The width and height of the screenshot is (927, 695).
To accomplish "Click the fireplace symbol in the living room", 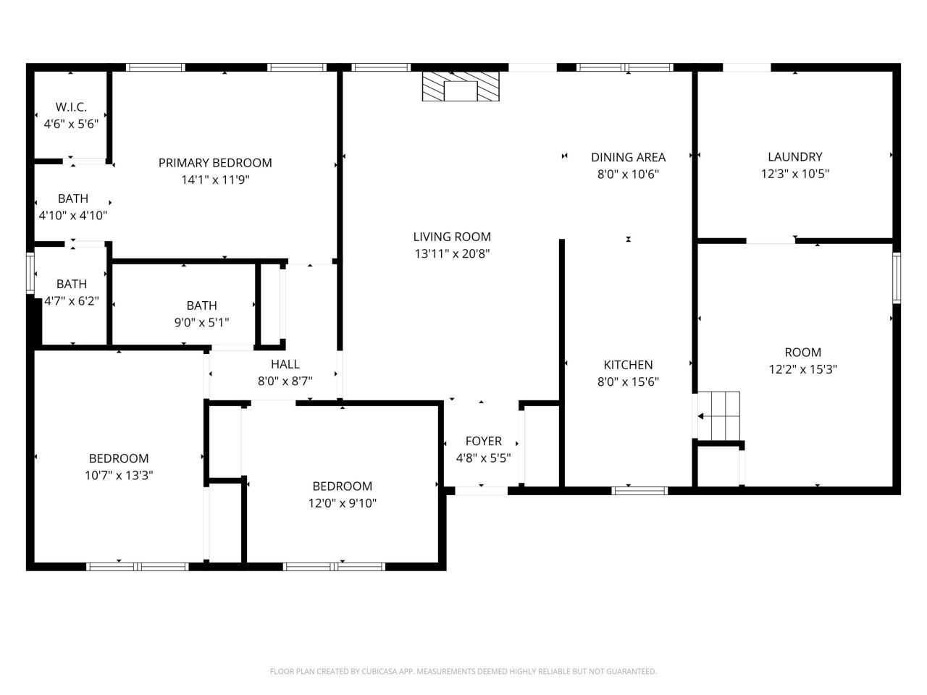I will click(461, 87).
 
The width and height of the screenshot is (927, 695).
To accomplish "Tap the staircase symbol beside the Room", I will click(718, 416).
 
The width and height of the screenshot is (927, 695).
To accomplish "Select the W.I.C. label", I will click(71, 107).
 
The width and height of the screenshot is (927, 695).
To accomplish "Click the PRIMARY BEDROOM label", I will click(215, 163).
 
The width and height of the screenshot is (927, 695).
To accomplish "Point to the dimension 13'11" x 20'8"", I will click(452, 254).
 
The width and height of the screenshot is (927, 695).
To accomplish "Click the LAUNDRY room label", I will click(794, 157).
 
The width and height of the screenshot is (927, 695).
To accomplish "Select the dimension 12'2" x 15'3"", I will click(802, 369).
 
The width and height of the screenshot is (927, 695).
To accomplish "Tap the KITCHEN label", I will click(628, 365).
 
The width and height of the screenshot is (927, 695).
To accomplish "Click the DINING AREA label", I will click(628, 157).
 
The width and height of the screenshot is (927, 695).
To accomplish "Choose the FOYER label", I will click(483, 441).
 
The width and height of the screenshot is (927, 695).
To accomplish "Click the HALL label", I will click(285, 364).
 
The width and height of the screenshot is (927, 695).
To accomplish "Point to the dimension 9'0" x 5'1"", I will click(201, 323).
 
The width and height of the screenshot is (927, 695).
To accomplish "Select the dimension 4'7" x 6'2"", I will click(71, 301).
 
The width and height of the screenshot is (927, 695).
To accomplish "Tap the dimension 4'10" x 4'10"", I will click(72, 215).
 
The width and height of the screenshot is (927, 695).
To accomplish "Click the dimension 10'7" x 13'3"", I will click(119, 476).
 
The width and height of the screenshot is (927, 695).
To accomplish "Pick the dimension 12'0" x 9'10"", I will click(342, 503).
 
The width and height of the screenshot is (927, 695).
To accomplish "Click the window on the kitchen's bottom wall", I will click(639, 491).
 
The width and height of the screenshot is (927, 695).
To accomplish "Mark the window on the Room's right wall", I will click(897, 277).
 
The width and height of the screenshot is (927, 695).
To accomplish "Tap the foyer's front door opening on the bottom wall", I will click(481, 491).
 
